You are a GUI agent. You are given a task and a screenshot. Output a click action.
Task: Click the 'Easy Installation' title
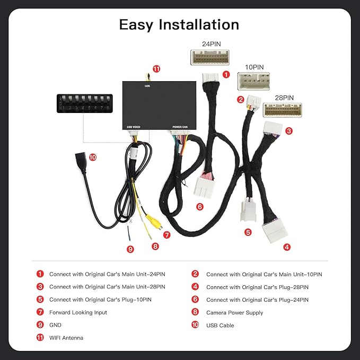(x=179, y=24)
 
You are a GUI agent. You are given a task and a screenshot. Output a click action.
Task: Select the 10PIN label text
(x=254, y=68)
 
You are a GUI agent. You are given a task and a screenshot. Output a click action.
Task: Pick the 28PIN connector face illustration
(x=281, y=109)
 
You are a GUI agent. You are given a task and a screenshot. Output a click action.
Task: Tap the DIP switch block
(x=85, y=102)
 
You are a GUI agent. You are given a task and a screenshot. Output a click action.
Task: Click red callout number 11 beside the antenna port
(x=156, y=69)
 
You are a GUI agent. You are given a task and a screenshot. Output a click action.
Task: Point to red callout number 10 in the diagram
(x=93, y=157)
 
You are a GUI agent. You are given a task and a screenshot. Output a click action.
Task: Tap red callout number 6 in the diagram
(x=200, y=206)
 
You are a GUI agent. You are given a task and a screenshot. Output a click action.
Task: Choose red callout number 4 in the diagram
(x=287, y=247)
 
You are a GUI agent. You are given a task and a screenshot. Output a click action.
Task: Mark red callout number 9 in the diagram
(x=130, y=249)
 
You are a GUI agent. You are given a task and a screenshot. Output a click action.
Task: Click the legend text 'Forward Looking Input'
(x=78, y=313)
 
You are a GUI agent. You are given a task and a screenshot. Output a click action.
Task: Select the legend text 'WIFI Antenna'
(x=66, y=338)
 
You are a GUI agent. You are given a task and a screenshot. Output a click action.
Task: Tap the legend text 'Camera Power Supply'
(x=235, y=313)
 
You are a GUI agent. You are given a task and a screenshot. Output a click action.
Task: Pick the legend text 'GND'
(x=56, y=326)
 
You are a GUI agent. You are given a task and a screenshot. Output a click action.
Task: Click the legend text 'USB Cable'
(x=220, y=326)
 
